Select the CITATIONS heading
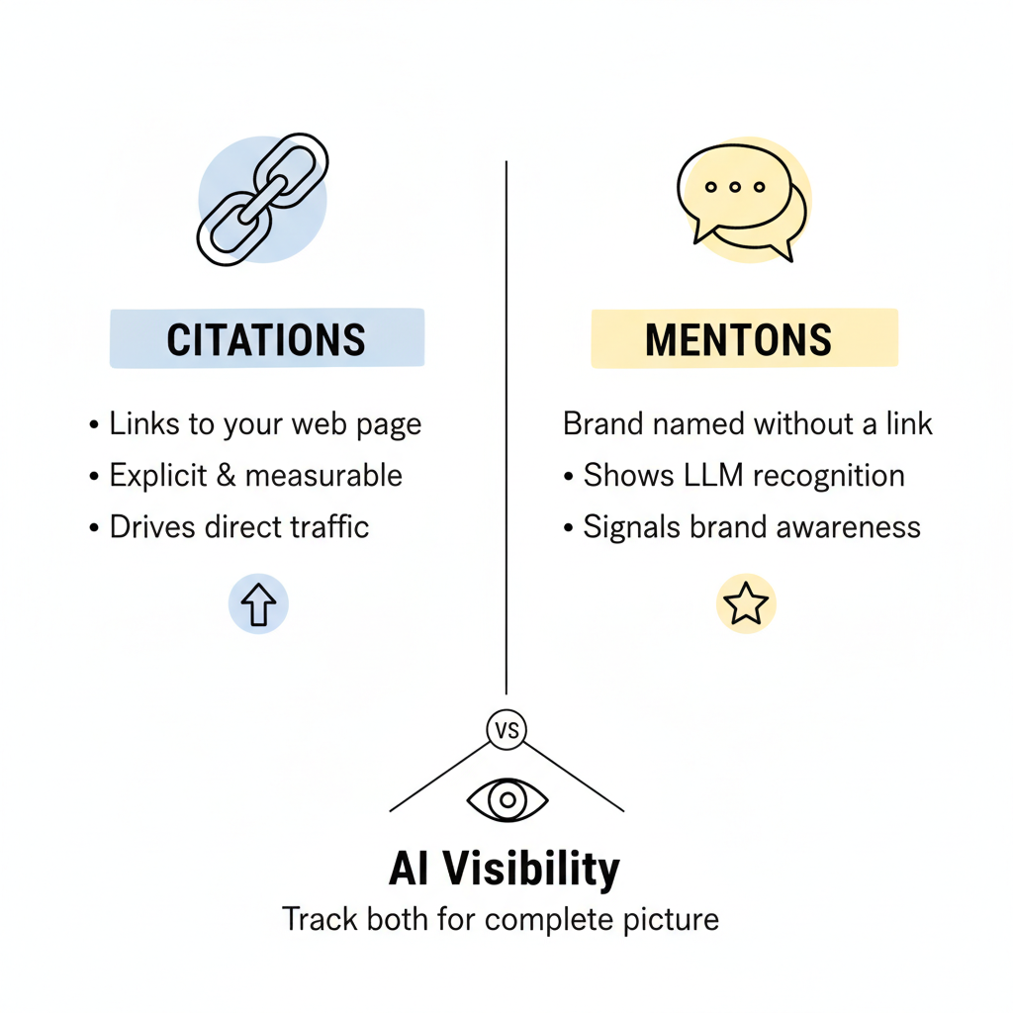pyautogui.click(x=266, y=339)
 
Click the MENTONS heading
pyautogui.click(x=738, y=339)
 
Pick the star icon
pyautogui.click(x=746, y=603)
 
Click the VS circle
pyautogui.click(x=506, y=731)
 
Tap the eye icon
pyautogui.click(x=506, y=800)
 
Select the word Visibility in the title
pyautogui.click(x=530, y=869)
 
